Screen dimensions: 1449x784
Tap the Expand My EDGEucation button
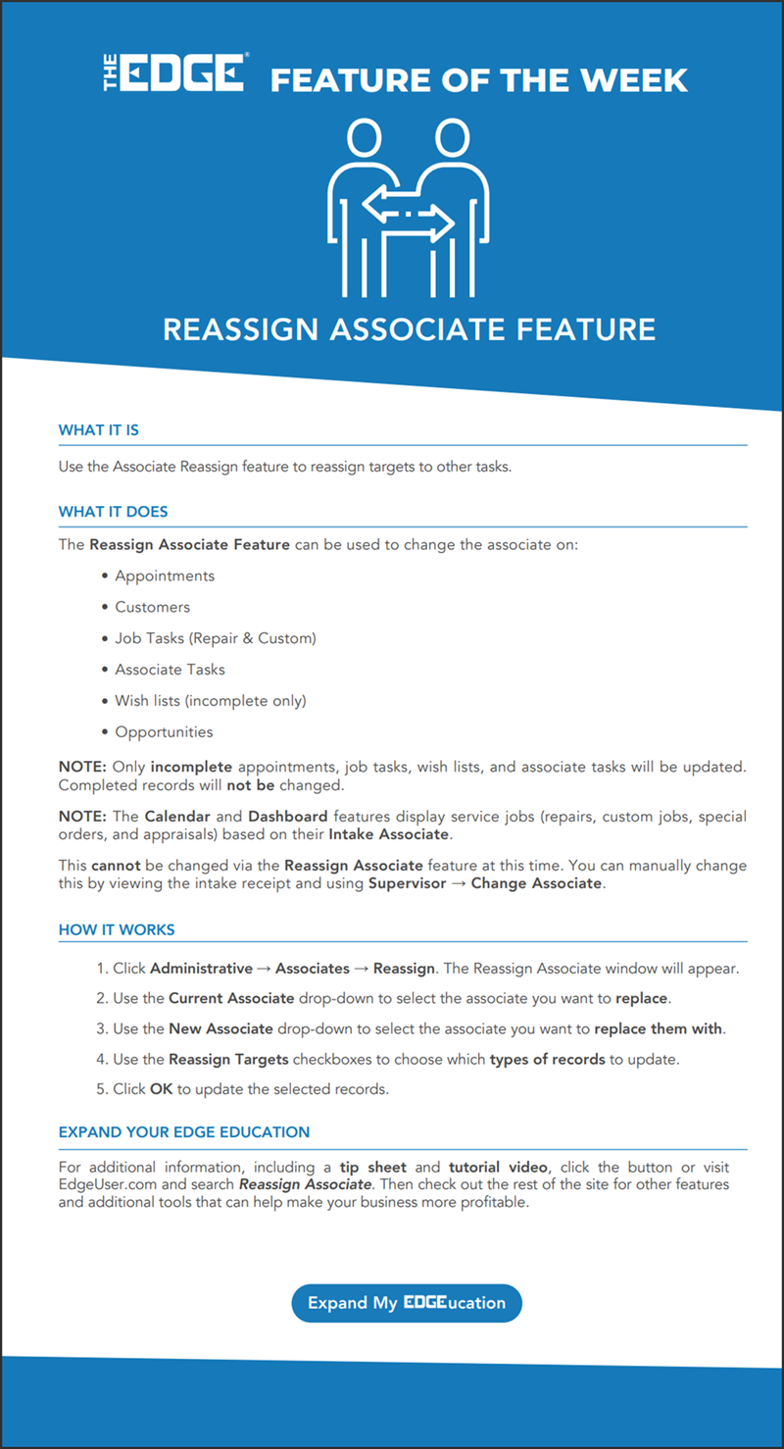pos(407,1303)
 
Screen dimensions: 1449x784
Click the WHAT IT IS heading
pos(98,430)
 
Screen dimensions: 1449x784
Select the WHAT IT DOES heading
pos(113,512)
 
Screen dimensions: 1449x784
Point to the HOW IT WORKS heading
pos(117,930)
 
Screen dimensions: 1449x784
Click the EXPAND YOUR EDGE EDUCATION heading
pos(184,1132)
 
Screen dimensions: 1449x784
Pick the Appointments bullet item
pos(165,575)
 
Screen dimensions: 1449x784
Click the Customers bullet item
pos(153,607)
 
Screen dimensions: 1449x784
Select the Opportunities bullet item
pos(164,732)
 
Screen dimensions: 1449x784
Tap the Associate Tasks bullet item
pos(171,670)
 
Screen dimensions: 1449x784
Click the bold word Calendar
pos(177,817)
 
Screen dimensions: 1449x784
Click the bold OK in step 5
pos(161,1090)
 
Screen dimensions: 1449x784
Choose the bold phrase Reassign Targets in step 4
pos(228,1059)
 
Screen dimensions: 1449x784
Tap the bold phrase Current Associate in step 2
pos(231,998)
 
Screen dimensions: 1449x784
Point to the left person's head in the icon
pos(363,137)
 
